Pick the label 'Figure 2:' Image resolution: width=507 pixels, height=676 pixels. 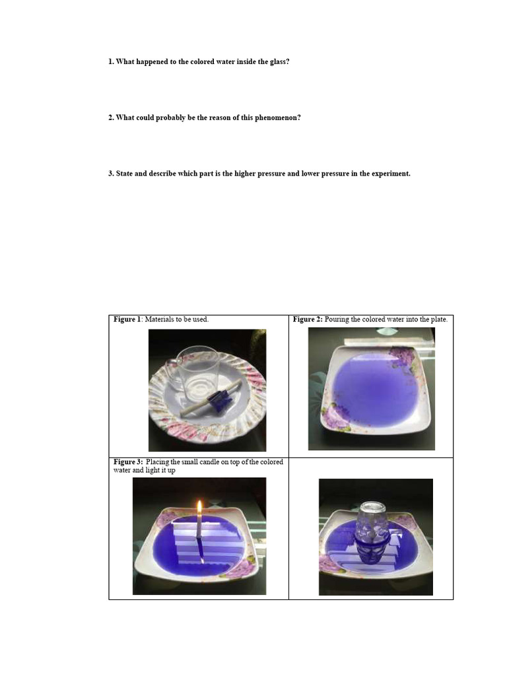pyautogui.click(x=308, y=320)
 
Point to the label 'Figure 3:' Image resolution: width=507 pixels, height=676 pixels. pyautogui.click(x=128, y=462)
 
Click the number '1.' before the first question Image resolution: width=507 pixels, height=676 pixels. pyautogui.click(x=111, y=61)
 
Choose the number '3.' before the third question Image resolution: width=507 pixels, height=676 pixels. pyautogui.click(x=111, y=174)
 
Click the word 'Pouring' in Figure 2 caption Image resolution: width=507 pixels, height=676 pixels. pyautogui.click(x=339, y=320)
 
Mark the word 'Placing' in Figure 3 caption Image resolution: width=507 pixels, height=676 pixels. pyautogui.click(x=158, y=462)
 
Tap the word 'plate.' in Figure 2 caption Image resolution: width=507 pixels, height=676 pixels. pyautogui.click(x=438, y=320)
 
